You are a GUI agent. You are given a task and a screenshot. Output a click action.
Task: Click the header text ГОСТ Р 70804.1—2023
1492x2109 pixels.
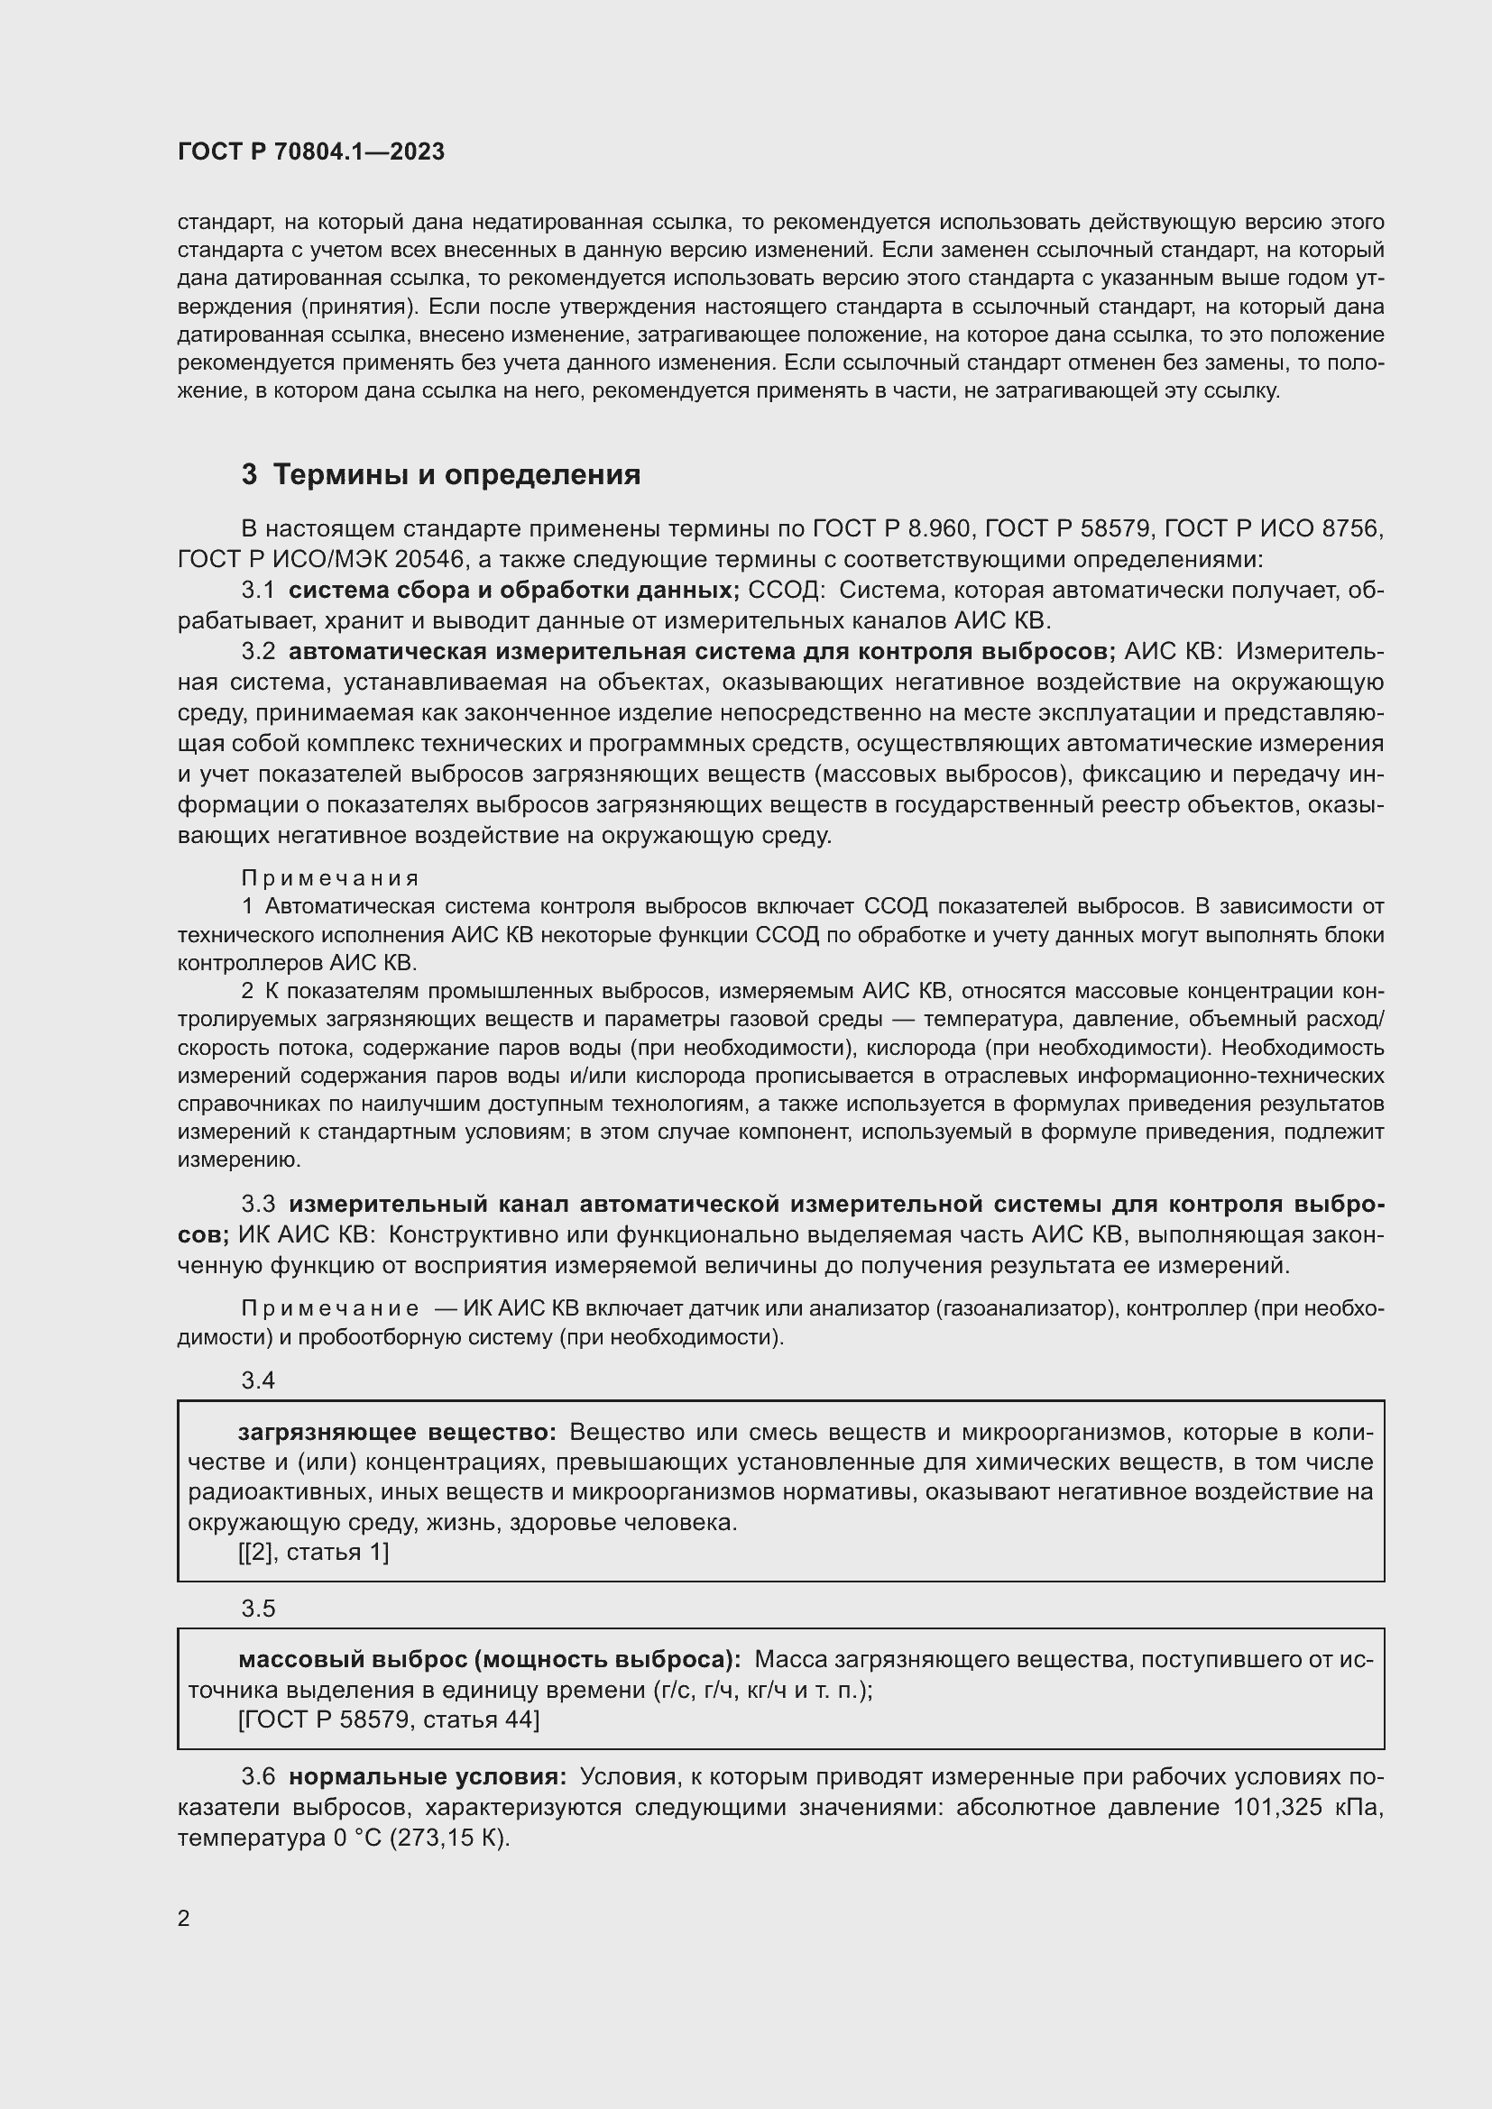pyautogui.click(x=310, y=151)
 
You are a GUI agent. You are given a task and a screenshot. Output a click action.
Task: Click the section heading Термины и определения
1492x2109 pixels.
pyautogui.click(x=456, y=475)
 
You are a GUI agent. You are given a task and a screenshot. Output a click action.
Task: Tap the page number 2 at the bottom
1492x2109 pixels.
pyautogui.click(x=184, y=1918)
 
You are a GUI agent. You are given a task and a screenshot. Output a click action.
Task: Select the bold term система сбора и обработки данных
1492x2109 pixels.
pyautogui.click(x=513, y=591)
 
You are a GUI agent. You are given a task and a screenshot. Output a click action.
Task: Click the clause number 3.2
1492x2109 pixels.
pyautogui.click(x=258, y=651)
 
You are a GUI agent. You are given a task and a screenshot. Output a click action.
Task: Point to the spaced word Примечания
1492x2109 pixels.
pyautogui.click(x=331, y=878)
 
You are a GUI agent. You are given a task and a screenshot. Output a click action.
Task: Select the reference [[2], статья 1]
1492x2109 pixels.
pyautogui.click(x=313, y=1553)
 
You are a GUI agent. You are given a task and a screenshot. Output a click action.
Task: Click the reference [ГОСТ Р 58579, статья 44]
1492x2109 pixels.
pyautogui.click(x=389, y=1719)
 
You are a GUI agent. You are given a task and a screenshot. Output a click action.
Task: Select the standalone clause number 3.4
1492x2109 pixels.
pyautogui.click(x=258, y=1380)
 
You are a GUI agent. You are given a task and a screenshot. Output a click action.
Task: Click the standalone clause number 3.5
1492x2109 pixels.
pyautogui.click(x=258, y=1609)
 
